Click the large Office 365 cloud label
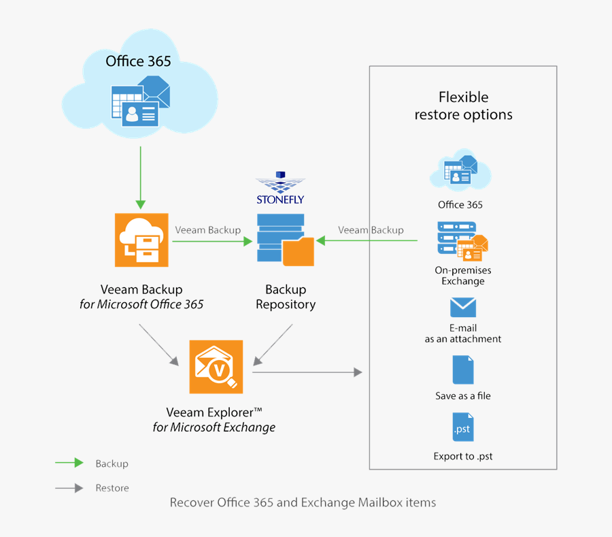click(x=138, y=61)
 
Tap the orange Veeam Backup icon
click(x=141, y=240)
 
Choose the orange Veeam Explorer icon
click(x=216, y=367)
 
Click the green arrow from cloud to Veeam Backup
click(x=141, y=176)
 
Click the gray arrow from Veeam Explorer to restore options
click(x=306, y=372)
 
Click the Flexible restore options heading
click(x=463, y=105)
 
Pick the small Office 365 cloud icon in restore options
click(x=460, y=169)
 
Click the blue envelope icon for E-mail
click(x=462, y=308)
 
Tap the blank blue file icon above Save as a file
click(x=462, y=370)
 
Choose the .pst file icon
click(x=462, y=427)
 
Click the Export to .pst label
click(x=462, y=456)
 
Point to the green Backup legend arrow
click(x=69, y=463)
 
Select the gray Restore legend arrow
click(x=69, y=488)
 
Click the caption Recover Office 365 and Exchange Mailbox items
click(x=303, y=503)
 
